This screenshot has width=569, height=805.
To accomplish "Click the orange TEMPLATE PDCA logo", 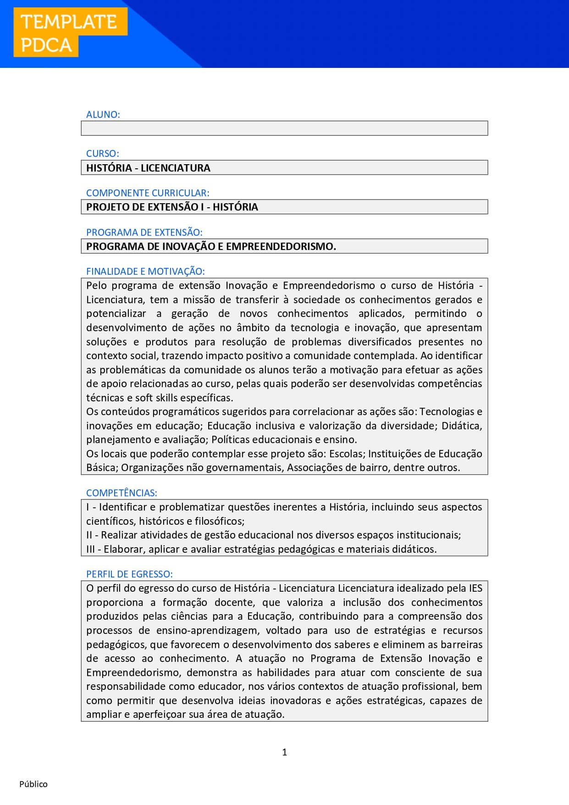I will pos(70,33).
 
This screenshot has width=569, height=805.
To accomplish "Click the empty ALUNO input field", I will pos(284,128).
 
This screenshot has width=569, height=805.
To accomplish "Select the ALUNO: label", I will pos(103,115).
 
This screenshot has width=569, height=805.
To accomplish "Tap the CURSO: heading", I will pos(102,154).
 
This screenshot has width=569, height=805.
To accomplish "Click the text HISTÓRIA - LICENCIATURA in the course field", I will pos(148,168).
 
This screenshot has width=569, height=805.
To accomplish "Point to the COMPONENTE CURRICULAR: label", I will pos(148,193).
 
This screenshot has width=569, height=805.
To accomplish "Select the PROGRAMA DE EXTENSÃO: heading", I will pos(144,232).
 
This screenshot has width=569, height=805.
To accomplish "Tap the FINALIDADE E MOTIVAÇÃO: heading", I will pos(145,272).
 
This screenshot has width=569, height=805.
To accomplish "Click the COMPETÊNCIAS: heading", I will pos(122,493).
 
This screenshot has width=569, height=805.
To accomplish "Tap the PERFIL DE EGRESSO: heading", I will pos(129,574).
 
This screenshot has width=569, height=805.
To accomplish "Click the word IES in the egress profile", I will pos(475,588).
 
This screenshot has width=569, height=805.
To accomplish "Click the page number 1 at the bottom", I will pos(284,752).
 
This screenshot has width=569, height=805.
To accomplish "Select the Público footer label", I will pos(33,784).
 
